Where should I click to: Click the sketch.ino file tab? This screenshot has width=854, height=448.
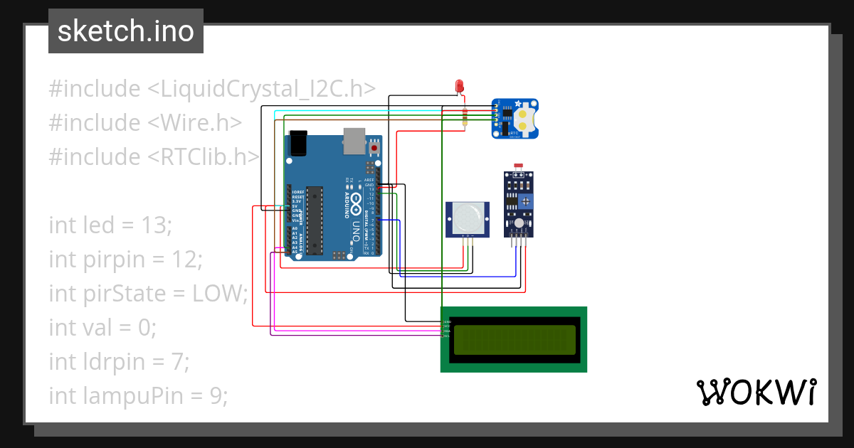[125, 31]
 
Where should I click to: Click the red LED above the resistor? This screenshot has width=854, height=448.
[460, 86]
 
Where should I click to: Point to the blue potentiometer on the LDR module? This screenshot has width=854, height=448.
[525, 202]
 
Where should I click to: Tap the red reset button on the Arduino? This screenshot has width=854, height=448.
[375, 148]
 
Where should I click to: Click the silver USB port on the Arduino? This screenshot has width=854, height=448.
[354, 141]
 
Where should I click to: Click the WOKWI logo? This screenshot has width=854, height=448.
[755, 392]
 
